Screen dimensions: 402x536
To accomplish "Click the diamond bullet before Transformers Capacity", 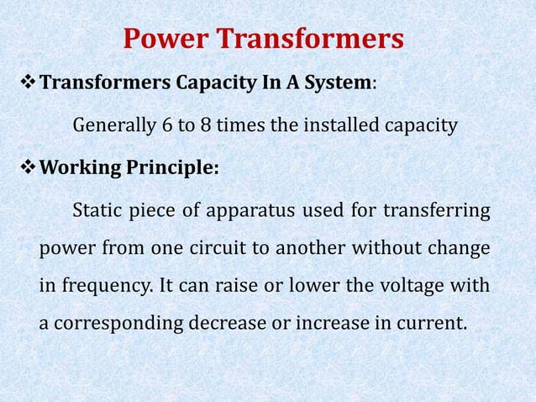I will [x=27, y=85].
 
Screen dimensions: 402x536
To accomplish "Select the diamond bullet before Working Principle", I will [x=27, y=167].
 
